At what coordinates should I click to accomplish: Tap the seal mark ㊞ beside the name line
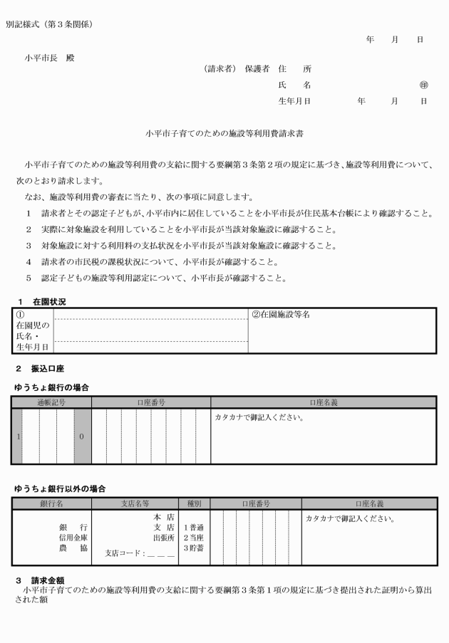coord(424,85)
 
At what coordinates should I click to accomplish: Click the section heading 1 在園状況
coord(42,301)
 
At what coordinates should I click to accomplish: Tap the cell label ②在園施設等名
coord(282,315)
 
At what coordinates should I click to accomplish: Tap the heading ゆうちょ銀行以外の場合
coord(60,488)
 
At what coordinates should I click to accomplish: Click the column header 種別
coord(195,503)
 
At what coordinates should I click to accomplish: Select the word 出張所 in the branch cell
coord(162,538)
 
